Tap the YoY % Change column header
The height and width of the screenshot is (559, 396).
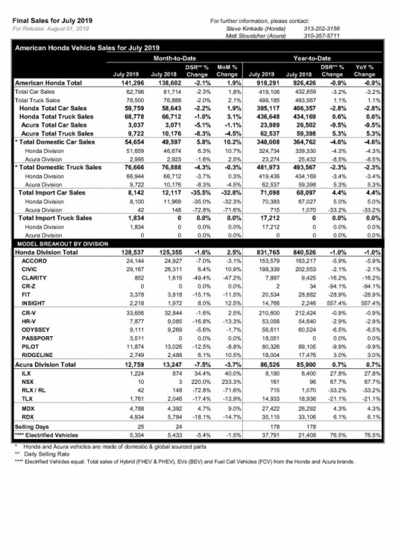(x=364, y=72)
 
